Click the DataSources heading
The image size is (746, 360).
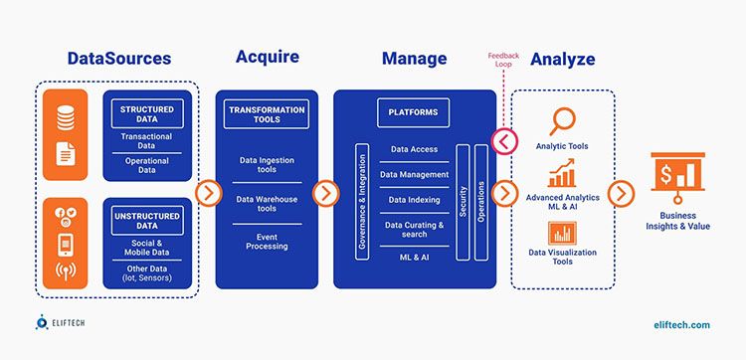[120, 58]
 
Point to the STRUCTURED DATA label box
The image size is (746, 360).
[140, 112]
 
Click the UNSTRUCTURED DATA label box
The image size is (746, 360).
[140, 220]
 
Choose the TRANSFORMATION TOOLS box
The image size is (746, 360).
[266, 113]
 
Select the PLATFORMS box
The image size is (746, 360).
[414, 113]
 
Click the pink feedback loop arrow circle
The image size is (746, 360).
[504, 141]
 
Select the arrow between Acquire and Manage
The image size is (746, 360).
[325, 193]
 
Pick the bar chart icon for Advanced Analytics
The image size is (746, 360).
[563, 176]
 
